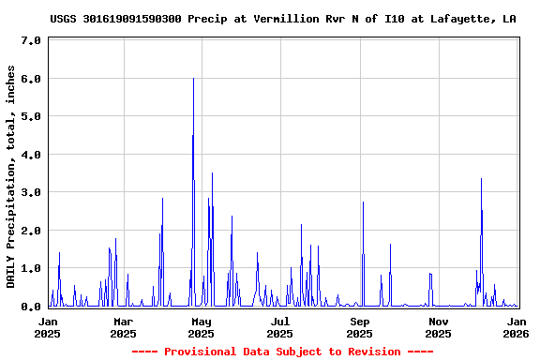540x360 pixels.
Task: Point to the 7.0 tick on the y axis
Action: tap(30, 41)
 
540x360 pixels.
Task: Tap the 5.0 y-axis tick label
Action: tap(30, 117)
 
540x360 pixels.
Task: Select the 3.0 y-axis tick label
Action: tap(30, 193)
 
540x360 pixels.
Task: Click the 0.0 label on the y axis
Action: tap(30, 307)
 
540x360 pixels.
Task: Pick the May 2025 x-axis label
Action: tap(202, 327)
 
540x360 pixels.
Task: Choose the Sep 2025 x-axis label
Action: tap(360, 327)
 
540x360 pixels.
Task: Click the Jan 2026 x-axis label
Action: tap(516, 327)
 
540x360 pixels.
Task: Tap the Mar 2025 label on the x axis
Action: tap(123, 327)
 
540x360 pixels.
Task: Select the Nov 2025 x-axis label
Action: tap(438, 327)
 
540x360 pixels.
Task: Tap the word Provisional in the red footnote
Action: tap(197, 352)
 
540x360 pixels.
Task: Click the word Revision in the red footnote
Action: tap(371, 352)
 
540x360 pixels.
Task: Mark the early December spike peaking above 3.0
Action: tap(481, 180)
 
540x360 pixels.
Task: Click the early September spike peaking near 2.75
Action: tap(363, 202)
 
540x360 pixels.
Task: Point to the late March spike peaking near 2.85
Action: tap(162, 199)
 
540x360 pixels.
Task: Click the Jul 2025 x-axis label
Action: tap(279, 327)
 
